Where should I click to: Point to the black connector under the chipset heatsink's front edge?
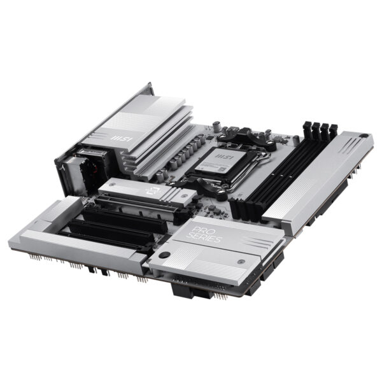click(x=191, y=290)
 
